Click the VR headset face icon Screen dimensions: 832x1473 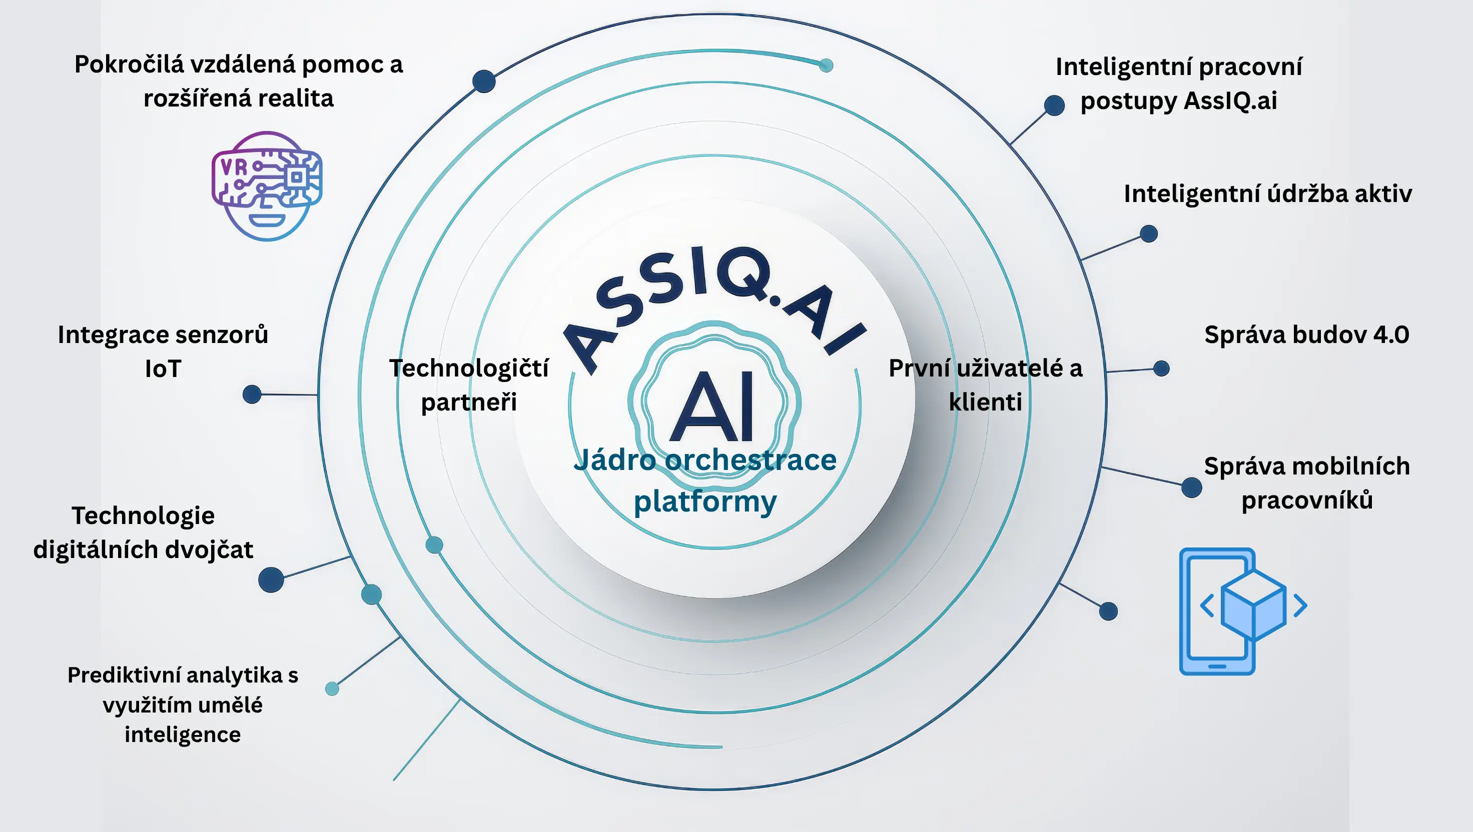(x=267, y=185)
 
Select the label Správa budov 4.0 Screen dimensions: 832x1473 (x=1306, y=335)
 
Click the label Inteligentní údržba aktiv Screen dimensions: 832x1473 (x=1267, y=193)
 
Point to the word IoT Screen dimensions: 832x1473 (x=163, y=369)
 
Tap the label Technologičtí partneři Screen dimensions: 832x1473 (x=469, y=385)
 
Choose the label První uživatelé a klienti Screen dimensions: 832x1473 (x=985, y=385)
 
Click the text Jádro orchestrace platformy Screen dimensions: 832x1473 (x=705, y=480)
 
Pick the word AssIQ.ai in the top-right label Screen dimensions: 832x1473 (x=1230, y=101)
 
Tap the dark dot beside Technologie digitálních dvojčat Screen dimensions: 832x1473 (x=271, y=579)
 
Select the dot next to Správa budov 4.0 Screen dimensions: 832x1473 (x=1161, y=368)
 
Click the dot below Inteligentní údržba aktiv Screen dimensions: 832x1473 (x=1149, y=233)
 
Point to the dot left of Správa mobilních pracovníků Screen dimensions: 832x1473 (x=1191, y=487)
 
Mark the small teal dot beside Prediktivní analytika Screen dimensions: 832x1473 (x=332, y=688)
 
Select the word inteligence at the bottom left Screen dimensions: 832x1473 (x=183, y=735)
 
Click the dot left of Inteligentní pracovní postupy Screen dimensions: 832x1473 (x=1054, y=105)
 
